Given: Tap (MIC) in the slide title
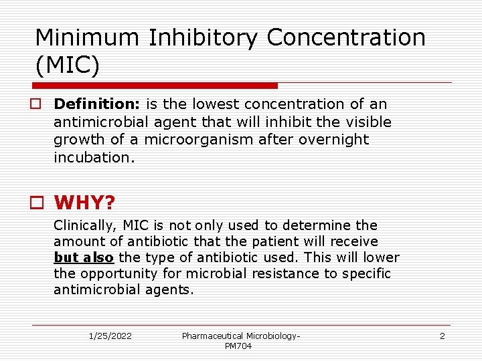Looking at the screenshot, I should click(x=67, y=66).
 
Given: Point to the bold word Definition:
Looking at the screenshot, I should click(x=98, y=104).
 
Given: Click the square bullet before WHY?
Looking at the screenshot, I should click(x=40, y=202).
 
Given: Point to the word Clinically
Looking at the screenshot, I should click(x=85, y=225).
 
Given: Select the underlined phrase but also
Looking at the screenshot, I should click(x=84, y=257).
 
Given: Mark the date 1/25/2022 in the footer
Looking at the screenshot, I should click(x=110, y=336).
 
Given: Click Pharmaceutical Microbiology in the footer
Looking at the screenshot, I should click(x=241, y=336).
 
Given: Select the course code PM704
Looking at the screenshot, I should click(x=238, y=346).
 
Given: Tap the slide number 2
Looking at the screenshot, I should click(x=442, y=336).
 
